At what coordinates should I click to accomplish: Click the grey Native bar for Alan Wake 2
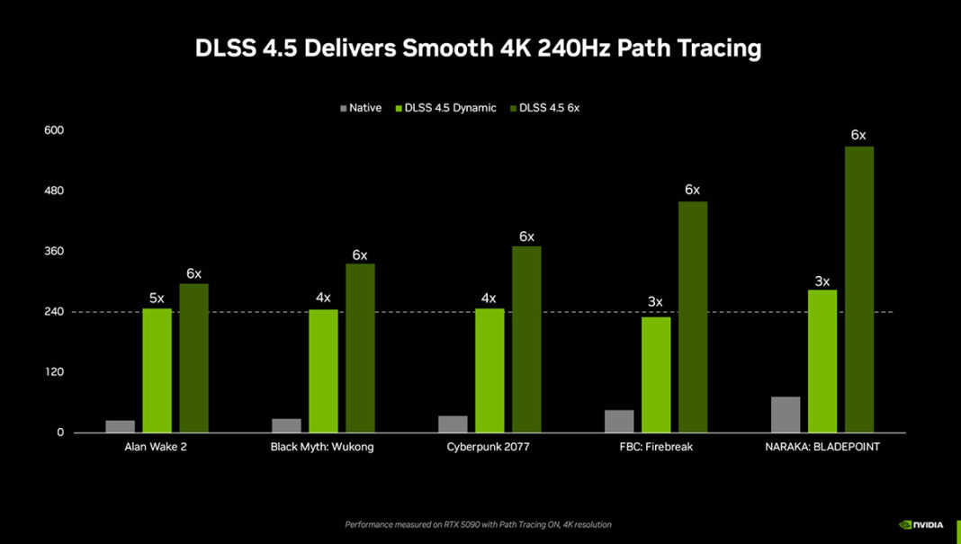tap(120, 426)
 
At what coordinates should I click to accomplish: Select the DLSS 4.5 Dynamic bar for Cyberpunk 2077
tap(489, 370)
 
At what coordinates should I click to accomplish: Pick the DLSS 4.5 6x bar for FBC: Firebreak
tap(693, 317)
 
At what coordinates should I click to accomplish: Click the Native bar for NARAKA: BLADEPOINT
tap(786, 415)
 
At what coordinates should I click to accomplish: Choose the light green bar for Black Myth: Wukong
tap(323, 370)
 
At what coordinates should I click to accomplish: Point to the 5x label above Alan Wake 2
tap(157, 298)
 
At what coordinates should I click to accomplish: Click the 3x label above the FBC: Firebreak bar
tap(655, 301)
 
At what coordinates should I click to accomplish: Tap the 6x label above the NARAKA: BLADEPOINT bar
tap(858, 135)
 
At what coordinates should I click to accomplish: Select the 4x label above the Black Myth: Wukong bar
tap(323, 298)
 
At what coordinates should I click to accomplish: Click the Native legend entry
tap(360, 108)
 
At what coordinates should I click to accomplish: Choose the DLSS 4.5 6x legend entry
tap(549, 108)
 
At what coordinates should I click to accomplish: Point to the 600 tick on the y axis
tap(54, 130)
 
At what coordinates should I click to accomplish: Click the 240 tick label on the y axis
tap(54, 312)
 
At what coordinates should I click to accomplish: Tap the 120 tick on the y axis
tap(54, 372)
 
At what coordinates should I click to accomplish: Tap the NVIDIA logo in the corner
tap(921, 524)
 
